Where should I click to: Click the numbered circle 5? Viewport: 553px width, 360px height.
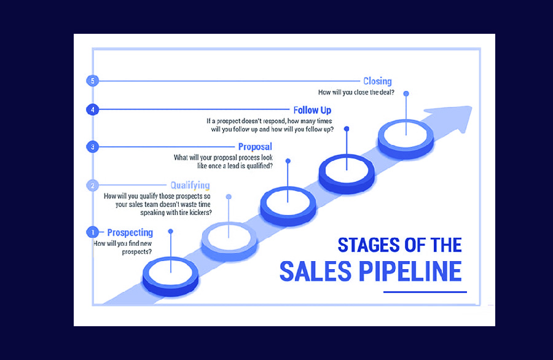(x=92, y=80)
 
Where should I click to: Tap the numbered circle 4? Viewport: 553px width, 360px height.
(x=92, y=110)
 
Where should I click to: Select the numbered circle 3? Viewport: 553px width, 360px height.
(x=92, y=147)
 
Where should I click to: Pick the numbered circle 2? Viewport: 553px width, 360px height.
(x=92, y=185)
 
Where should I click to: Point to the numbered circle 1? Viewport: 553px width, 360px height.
(x=92, y=232)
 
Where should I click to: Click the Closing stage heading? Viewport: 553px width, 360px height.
(x=377, y=81)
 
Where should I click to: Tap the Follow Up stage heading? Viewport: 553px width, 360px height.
(x=312, y=110)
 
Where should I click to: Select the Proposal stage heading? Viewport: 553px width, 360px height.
(x=254, y=147)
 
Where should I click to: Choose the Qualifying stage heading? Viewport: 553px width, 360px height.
(x=190, y=185)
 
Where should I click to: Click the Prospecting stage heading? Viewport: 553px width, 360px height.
(x=130, y=232)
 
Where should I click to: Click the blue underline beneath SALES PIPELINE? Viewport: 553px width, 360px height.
(x=425, y=292)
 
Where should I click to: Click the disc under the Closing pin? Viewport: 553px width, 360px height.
(x=406, y=137)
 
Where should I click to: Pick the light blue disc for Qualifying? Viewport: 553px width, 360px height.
(x=229, y=235)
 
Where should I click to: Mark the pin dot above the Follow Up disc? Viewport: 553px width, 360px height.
(x=347, y=129)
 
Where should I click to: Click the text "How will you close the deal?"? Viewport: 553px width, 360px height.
(x=356, y=92)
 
